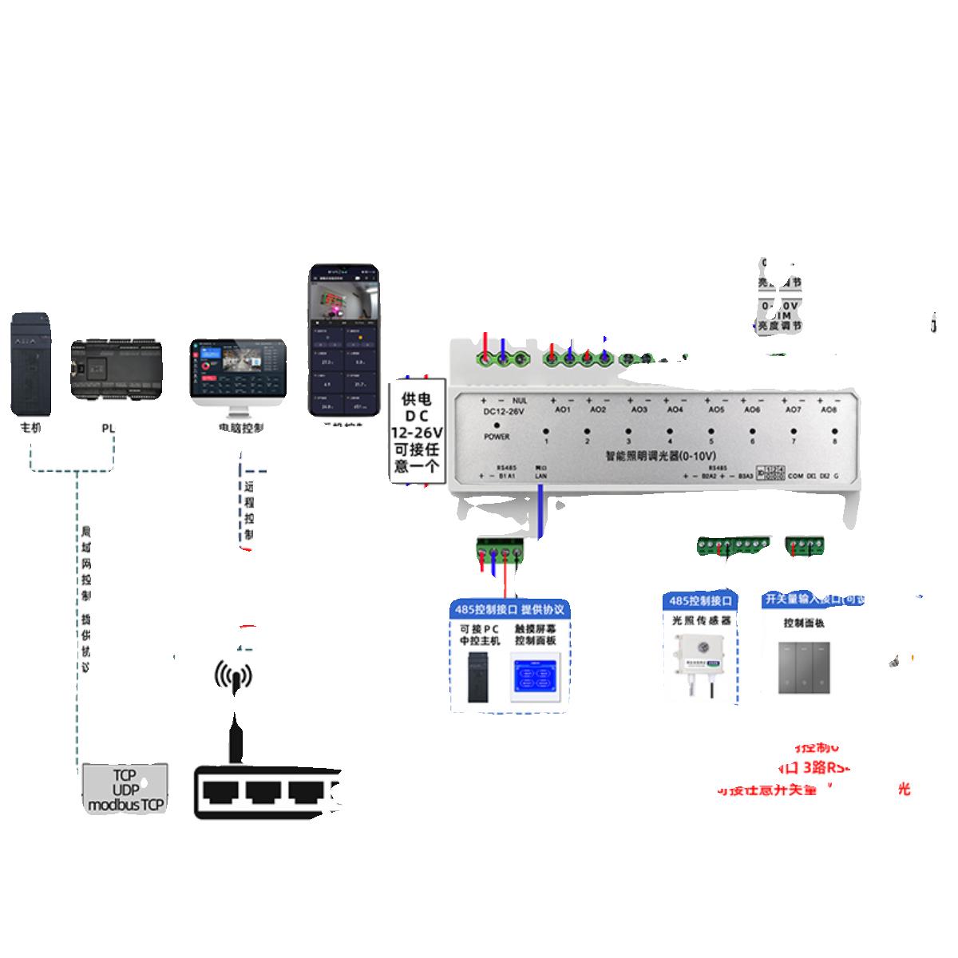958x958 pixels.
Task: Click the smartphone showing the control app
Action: (x=343, y=340)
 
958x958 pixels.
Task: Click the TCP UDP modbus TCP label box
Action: (x=125, y=789)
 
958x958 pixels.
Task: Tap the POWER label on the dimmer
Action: (x=497, y=437)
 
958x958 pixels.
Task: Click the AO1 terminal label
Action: (x=563, y=410)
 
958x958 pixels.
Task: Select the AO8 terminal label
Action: (x=829, y=410)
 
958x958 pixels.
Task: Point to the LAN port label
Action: (x=540, y=476)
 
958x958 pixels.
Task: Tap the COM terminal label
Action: (x=795, y=477)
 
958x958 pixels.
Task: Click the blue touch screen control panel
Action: (x=536, y=678)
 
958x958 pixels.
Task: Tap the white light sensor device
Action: (x=698, y=659)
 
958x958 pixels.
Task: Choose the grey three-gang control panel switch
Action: (x=804, y=667)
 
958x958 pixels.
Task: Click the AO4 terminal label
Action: (x=675, y=410)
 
